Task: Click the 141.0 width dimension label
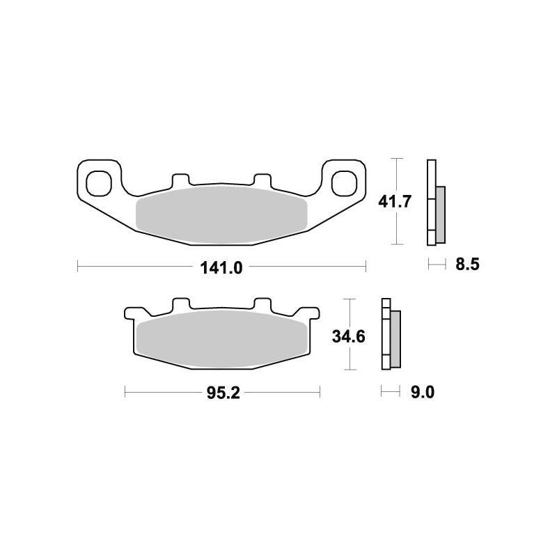pos(221,266)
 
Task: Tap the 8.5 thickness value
pos(466,265)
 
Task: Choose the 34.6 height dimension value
pos(348,337)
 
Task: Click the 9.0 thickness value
pos(422,393)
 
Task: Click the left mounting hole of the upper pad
pos(99,183)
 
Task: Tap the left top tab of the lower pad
pos(180,305)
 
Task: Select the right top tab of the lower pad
pos(262,305)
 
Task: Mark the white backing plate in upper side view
pos(431,202)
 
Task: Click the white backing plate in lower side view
pos(385,334)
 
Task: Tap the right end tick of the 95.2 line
pos(320,393)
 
